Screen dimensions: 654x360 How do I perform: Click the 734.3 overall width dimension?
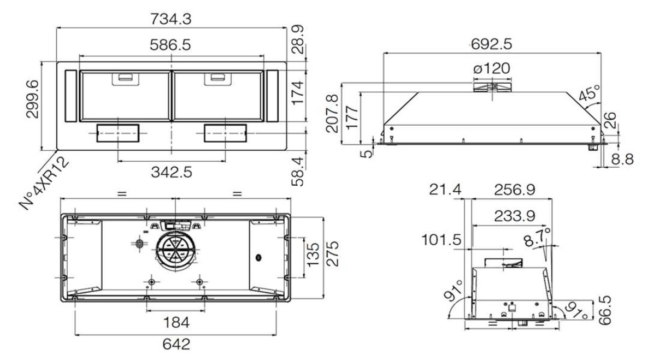[x=170, y=19]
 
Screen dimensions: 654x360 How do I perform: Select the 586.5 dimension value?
[x=170, y=45]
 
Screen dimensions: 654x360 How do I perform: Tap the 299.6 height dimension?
[x=33, y=99]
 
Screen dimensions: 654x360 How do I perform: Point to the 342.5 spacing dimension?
[x=172, y=172]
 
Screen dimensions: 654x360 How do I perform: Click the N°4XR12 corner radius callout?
[x=44, y=182]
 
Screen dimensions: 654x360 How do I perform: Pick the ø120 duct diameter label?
[x=492, y=68]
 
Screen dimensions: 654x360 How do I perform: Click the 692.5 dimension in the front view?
[x=491, y=44]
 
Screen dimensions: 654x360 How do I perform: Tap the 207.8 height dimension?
[x=332, y=113]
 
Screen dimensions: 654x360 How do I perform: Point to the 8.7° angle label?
[x=537, y=237]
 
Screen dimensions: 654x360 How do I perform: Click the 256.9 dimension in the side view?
[x=515, y=190]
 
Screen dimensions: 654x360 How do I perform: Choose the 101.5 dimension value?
[x=441, y=240]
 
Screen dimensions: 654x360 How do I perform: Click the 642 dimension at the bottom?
[x=176, y=344]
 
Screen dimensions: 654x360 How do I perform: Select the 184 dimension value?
[x=176, y=322]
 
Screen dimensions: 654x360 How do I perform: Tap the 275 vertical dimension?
[x=332, y=253]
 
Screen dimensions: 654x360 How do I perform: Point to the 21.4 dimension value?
[x=445, y=190]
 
